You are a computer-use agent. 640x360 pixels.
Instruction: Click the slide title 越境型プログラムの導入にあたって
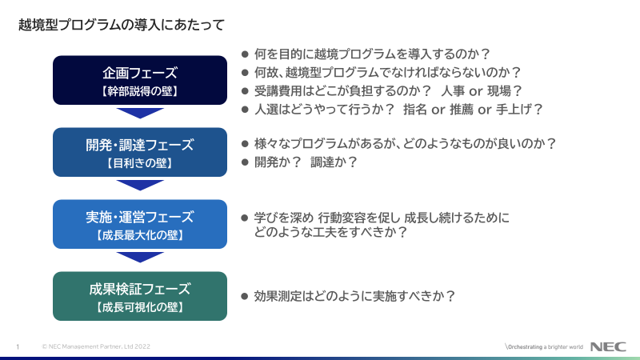point(122,25)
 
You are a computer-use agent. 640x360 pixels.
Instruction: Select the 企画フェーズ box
point(140,80)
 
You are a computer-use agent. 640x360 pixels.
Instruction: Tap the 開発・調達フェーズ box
point(140,152)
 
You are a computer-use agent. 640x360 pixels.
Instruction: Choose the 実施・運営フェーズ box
point(140,224)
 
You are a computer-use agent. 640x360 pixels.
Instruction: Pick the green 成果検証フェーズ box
point(140,296)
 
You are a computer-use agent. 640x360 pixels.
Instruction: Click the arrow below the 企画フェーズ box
point(140,113)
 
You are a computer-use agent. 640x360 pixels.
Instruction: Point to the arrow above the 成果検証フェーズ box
point(140,257)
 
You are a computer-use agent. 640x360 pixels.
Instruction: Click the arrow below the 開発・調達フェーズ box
point(140,186)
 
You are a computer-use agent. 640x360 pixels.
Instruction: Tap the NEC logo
point(608,346)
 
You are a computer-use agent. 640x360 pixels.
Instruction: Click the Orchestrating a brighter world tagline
point(544,347)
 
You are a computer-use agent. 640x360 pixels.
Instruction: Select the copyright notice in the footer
point(96,346)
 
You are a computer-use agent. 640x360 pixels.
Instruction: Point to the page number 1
point(18,347)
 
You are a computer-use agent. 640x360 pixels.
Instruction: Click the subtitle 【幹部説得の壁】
point(140,91)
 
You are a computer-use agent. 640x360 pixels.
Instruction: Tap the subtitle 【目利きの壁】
point(140,163)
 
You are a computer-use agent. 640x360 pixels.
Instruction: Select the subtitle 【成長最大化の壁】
point(140,235)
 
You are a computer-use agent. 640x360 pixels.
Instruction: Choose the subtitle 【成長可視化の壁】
point(140,307)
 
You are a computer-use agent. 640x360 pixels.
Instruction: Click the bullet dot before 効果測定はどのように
point(245,296)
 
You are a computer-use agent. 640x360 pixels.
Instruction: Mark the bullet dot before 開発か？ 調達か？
point(245,162)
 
